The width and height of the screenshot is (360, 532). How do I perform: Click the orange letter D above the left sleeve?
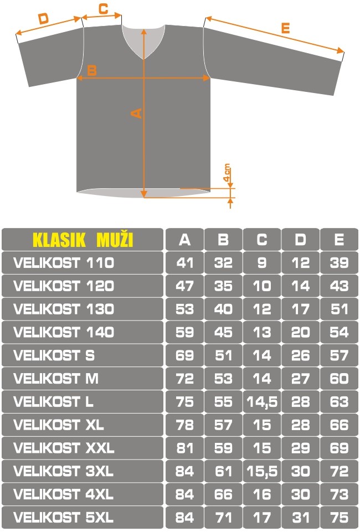tap(43, 19)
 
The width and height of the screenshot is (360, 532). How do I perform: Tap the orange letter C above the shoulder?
tap(103, 8)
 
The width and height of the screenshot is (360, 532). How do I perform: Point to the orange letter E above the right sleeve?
tap(286, 28)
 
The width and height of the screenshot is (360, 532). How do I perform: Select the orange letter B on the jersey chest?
tap(92, 70)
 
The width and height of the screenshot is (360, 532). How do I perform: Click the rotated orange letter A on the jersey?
tap(136, 113)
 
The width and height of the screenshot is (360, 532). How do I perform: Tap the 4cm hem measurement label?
tap(227, 173)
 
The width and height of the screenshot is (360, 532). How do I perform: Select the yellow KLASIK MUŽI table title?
tap(83, 240)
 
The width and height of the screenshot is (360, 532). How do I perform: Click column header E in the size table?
tap(339, 240)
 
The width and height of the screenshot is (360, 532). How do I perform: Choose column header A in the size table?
tap(184, 240)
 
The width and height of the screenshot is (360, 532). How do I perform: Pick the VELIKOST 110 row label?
tap(64, 263)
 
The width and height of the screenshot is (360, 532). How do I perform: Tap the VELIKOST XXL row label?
tap(64, 448)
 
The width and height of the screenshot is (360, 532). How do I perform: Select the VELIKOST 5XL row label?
tap(64, 518)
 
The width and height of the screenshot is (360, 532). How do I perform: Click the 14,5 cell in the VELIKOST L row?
tap(262, 402)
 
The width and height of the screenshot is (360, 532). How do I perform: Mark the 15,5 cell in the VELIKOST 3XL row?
tap(262, 471)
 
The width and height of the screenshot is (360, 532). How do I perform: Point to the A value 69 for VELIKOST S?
tap(184, 355)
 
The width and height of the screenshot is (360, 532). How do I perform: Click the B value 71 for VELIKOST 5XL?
tap(223, 518)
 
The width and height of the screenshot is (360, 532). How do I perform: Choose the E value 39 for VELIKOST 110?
tap(339, 263)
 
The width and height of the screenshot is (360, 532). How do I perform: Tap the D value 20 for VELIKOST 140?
tap(300, 333)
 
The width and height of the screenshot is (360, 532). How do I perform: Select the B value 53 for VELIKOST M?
tap(223, 379)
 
